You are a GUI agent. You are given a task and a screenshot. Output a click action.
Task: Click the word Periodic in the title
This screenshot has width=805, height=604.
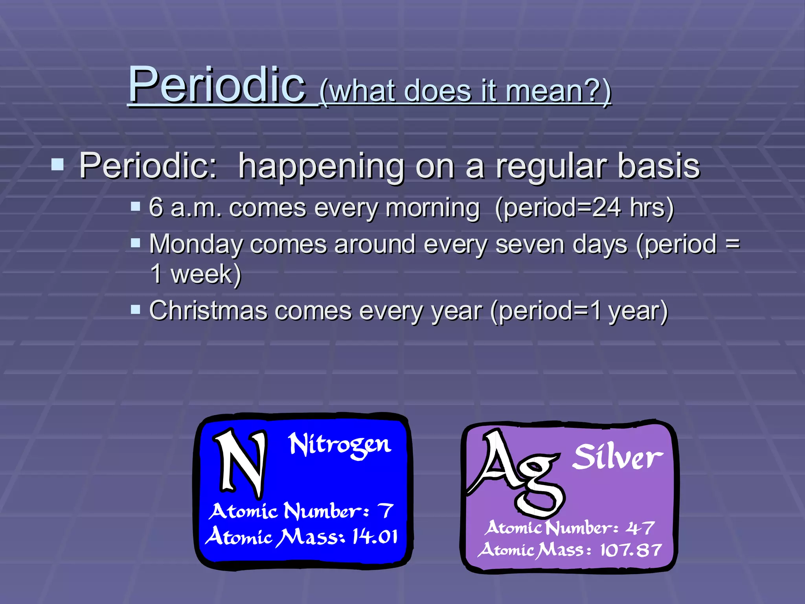(x=217, y=85)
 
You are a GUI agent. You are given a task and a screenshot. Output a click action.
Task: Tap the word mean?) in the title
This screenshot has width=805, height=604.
(x=558, y=91)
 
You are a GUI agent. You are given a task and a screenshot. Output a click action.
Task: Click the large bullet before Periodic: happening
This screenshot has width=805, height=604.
(x=57, y=164)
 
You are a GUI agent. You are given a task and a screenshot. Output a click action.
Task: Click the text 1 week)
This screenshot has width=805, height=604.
(x=195, y=274)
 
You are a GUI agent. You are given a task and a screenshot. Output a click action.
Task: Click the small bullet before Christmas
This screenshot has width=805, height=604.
(x=135, y=309)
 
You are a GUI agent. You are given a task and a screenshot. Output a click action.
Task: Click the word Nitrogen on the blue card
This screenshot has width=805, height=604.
(x=340, y=446)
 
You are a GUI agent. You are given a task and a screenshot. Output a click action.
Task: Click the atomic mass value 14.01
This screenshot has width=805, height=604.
(x=375, y=536)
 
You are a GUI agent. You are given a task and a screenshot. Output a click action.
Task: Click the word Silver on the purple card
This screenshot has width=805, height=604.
(x=617, y=457)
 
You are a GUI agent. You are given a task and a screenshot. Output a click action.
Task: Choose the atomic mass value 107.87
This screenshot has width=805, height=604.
(x=630, y=550)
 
